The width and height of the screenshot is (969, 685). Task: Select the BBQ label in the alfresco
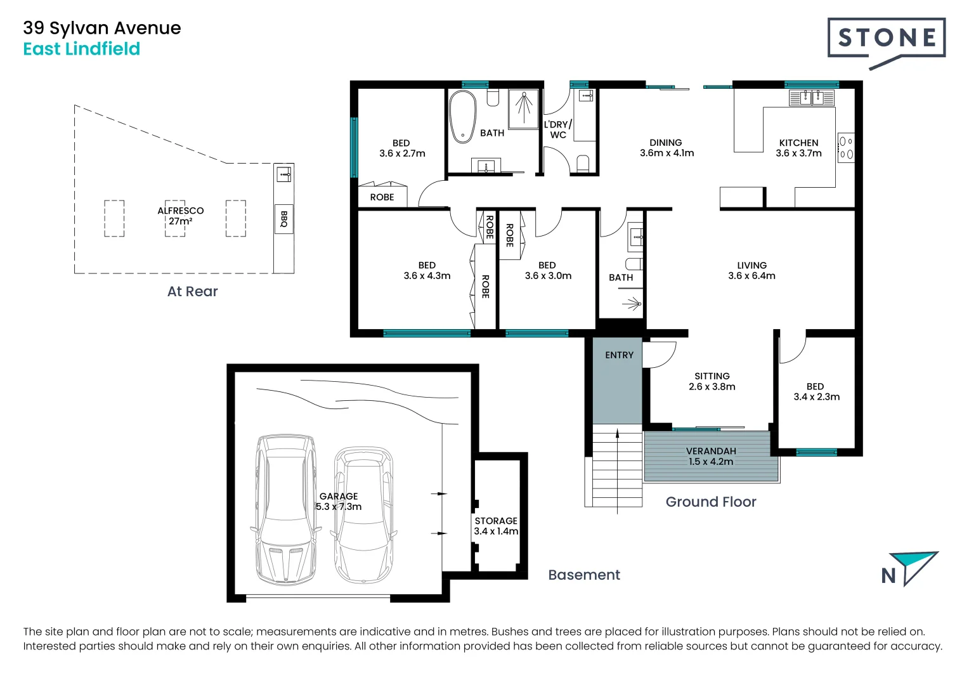[283, 219]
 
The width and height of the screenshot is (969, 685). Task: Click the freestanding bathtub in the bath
[462, 117]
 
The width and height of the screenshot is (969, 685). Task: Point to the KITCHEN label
[798, 143]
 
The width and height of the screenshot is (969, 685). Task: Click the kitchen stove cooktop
[846, 148]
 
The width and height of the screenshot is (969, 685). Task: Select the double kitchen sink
[811, 98]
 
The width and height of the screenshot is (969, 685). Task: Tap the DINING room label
[666, 142]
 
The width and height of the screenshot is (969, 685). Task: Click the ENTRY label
[619, 355]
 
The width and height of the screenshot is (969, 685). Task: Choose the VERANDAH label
[711, 451]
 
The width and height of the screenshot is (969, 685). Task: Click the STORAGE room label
[496, 521]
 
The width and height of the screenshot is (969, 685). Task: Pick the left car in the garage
[286, 510]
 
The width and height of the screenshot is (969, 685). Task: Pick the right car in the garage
[363, 515]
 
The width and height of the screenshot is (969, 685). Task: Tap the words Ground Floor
[711, 502]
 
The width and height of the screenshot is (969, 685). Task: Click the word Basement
[584, 575]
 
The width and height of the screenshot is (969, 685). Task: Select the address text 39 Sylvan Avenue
[102, 28]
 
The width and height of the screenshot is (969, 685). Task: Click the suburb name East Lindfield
[82, 49]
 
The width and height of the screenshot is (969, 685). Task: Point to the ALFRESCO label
[180, 211]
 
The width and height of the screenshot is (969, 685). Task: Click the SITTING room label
[712, 376]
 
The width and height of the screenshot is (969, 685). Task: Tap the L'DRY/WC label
[558, 129]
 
